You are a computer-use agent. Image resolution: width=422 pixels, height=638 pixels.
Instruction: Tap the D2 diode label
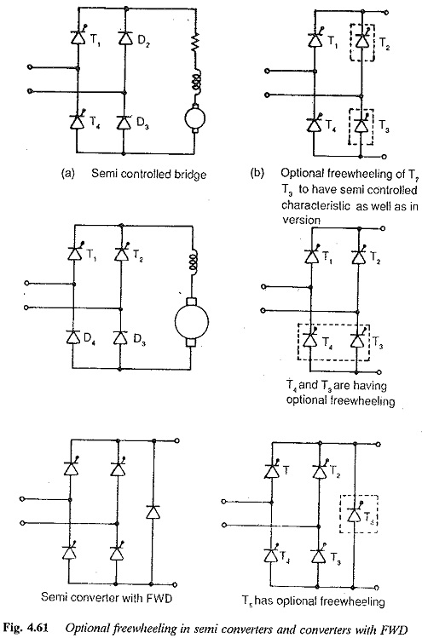[x=143, y=41]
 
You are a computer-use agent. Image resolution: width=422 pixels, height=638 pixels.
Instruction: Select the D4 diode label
[x=87, y=337]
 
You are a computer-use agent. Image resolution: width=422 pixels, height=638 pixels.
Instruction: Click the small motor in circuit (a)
[x=194, y=118]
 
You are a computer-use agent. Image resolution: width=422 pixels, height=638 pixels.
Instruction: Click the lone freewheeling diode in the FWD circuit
[x=153, y=511]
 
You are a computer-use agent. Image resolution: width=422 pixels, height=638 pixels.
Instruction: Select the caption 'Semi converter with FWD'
[x=107, y=597]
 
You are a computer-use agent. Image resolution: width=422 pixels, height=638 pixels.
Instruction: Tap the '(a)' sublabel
[x=67, y=174]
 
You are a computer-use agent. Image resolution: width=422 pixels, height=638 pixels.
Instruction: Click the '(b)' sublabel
[x=257, y=174]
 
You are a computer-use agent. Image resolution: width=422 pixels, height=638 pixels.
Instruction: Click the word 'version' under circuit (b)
[x=302, y=220]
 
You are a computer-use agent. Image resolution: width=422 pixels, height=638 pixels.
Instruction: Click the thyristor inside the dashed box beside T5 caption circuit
[x=354, y=514]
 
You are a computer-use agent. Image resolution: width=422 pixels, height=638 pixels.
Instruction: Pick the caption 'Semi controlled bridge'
[x=148, y=174]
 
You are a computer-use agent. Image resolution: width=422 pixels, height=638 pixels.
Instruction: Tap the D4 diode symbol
[x=73, y=337]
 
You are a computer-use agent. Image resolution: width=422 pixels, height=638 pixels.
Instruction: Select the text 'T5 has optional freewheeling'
[x=313, y=601]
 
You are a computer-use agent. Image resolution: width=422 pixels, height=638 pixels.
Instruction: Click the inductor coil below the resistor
[x=195, y=82]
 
